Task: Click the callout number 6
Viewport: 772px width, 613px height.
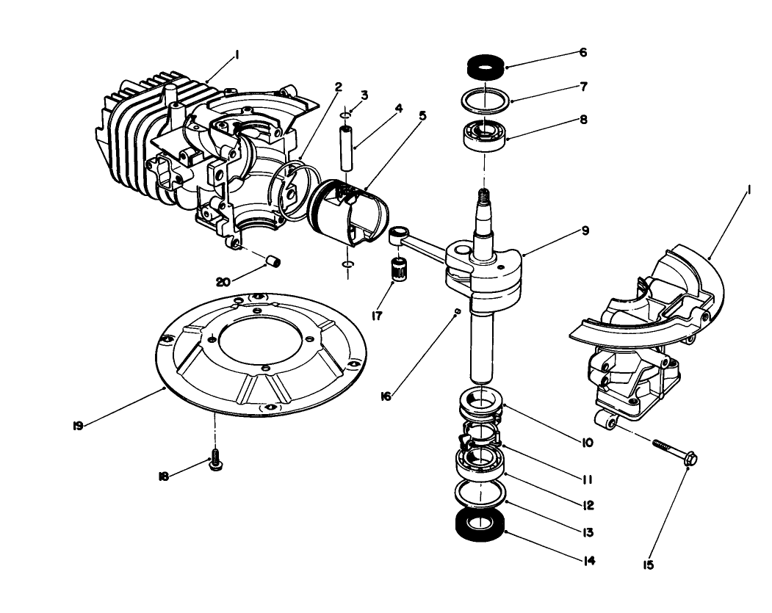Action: point(583,53)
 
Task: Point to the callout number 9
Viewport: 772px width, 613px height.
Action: point(585,231)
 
